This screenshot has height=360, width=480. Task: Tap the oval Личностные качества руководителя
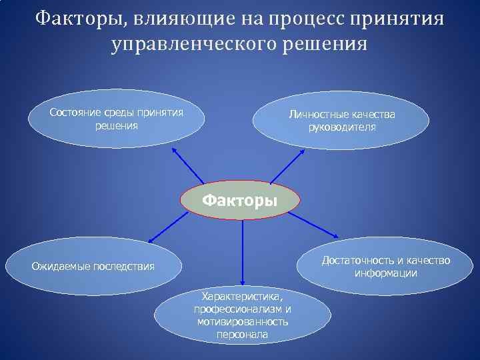pos(341,121)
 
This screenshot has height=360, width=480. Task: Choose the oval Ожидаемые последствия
pos(93,267)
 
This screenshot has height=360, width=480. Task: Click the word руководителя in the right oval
pos(341,127)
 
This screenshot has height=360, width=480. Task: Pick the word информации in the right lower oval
pos(386,273)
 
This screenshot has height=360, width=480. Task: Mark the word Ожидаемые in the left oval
pos(59,267)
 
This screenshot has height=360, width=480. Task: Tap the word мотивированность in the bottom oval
pos(243,322)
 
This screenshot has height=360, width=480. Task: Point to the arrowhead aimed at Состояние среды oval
pos(175,151)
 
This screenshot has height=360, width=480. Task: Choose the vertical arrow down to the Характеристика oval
pos(243,253)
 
